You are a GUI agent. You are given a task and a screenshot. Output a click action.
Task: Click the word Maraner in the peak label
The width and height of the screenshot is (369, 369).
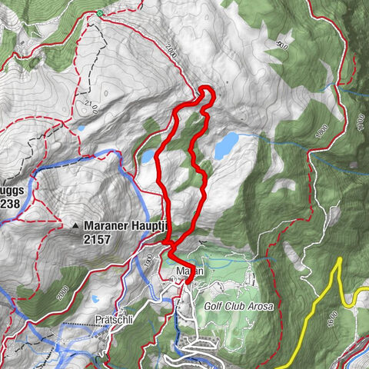(x=108, y=227)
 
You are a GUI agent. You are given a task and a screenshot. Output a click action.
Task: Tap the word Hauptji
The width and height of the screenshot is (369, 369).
(x=151, y=227)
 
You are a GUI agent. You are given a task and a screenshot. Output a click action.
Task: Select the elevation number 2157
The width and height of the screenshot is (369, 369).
(x=98, y=240)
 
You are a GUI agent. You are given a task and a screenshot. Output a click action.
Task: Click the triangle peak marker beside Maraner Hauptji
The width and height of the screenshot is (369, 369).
(x=76, y=227)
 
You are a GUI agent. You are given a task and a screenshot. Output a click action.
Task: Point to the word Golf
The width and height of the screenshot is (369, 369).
(x=215, y=305)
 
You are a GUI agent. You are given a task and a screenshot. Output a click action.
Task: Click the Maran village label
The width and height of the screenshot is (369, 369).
(x=187, y=271)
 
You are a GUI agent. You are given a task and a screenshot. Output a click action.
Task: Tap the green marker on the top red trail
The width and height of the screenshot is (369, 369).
(x=99, y=13)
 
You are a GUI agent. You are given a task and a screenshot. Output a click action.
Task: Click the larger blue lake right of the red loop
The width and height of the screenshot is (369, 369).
(x=226, y=144)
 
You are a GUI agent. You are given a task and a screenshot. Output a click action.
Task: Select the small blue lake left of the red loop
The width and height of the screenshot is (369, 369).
(x=147, y=157)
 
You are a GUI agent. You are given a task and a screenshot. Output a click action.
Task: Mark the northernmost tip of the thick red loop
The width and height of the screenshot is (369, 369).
(x=206, y=90)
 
